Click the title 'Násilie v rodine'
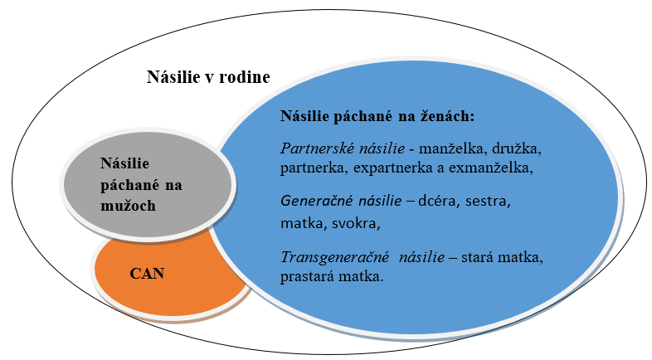pos(208,77)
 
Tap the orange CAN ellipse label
pos(147,274)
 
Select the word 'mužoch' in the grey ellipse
pos(128,206)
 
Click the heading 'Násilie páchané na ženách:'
pos(377,116)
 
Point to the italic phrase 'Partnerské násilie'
pos(343,148)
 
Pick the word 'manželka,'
pos(453,148)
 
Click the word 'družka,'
pos(517,148)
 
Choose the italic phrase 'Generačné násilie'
pos(341,202)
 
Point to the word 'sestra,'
pos(488,202)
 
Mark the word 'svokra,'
pos(356,224)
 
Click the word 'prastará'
pos(307,276)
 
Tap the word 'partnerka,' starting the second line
pos(314,168)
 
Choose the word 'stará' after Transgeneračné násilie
pos(477,257)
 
